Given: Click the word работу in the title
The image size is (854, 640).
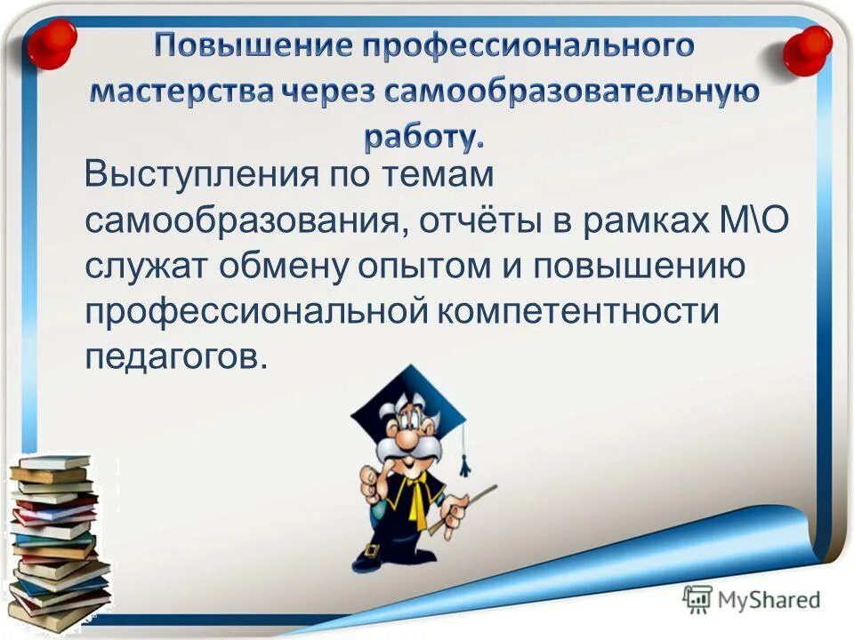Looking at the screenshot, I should coord(423,137).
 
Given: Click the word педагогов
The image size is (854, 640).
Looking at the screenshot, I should coord(175,358).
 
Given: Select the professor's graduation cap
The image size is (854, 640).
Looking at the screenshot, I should coord(408,404).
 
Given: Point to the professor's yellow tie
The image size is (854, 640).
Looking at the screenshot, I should coord(415,501).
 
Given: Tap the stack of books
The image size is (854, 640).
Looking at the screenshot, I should coord(58,542).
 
